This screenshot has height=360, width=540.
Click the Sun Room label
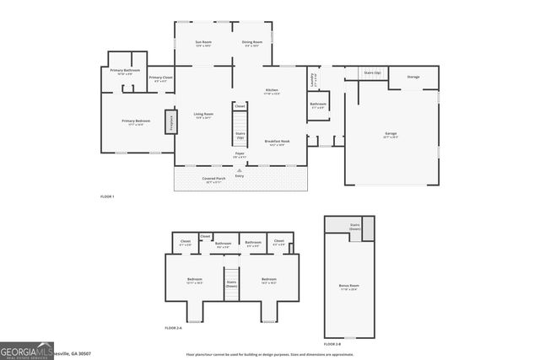click(202, 42)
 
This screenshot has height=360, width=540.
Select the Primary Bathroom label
click(123, 72)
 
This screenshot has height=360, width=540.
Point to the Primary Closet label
click(160, 78)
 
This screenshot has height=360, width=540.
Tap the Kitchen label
click(272, 90)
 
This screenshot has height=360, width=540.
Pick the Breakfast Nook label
click(278, 142)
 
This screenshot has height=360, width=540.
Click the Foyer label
click(240, 153)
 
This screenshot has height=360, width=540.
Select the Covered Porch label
click(213, 179)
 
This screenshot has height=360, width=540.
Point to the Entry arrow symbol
click(240, 169)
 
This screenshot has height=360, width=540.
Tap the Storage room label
click(413, 77)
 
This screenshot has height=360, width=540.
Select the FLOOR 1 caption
click(107, 196)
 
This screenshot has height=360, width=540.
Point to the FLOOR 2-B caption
click(332, 345)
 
